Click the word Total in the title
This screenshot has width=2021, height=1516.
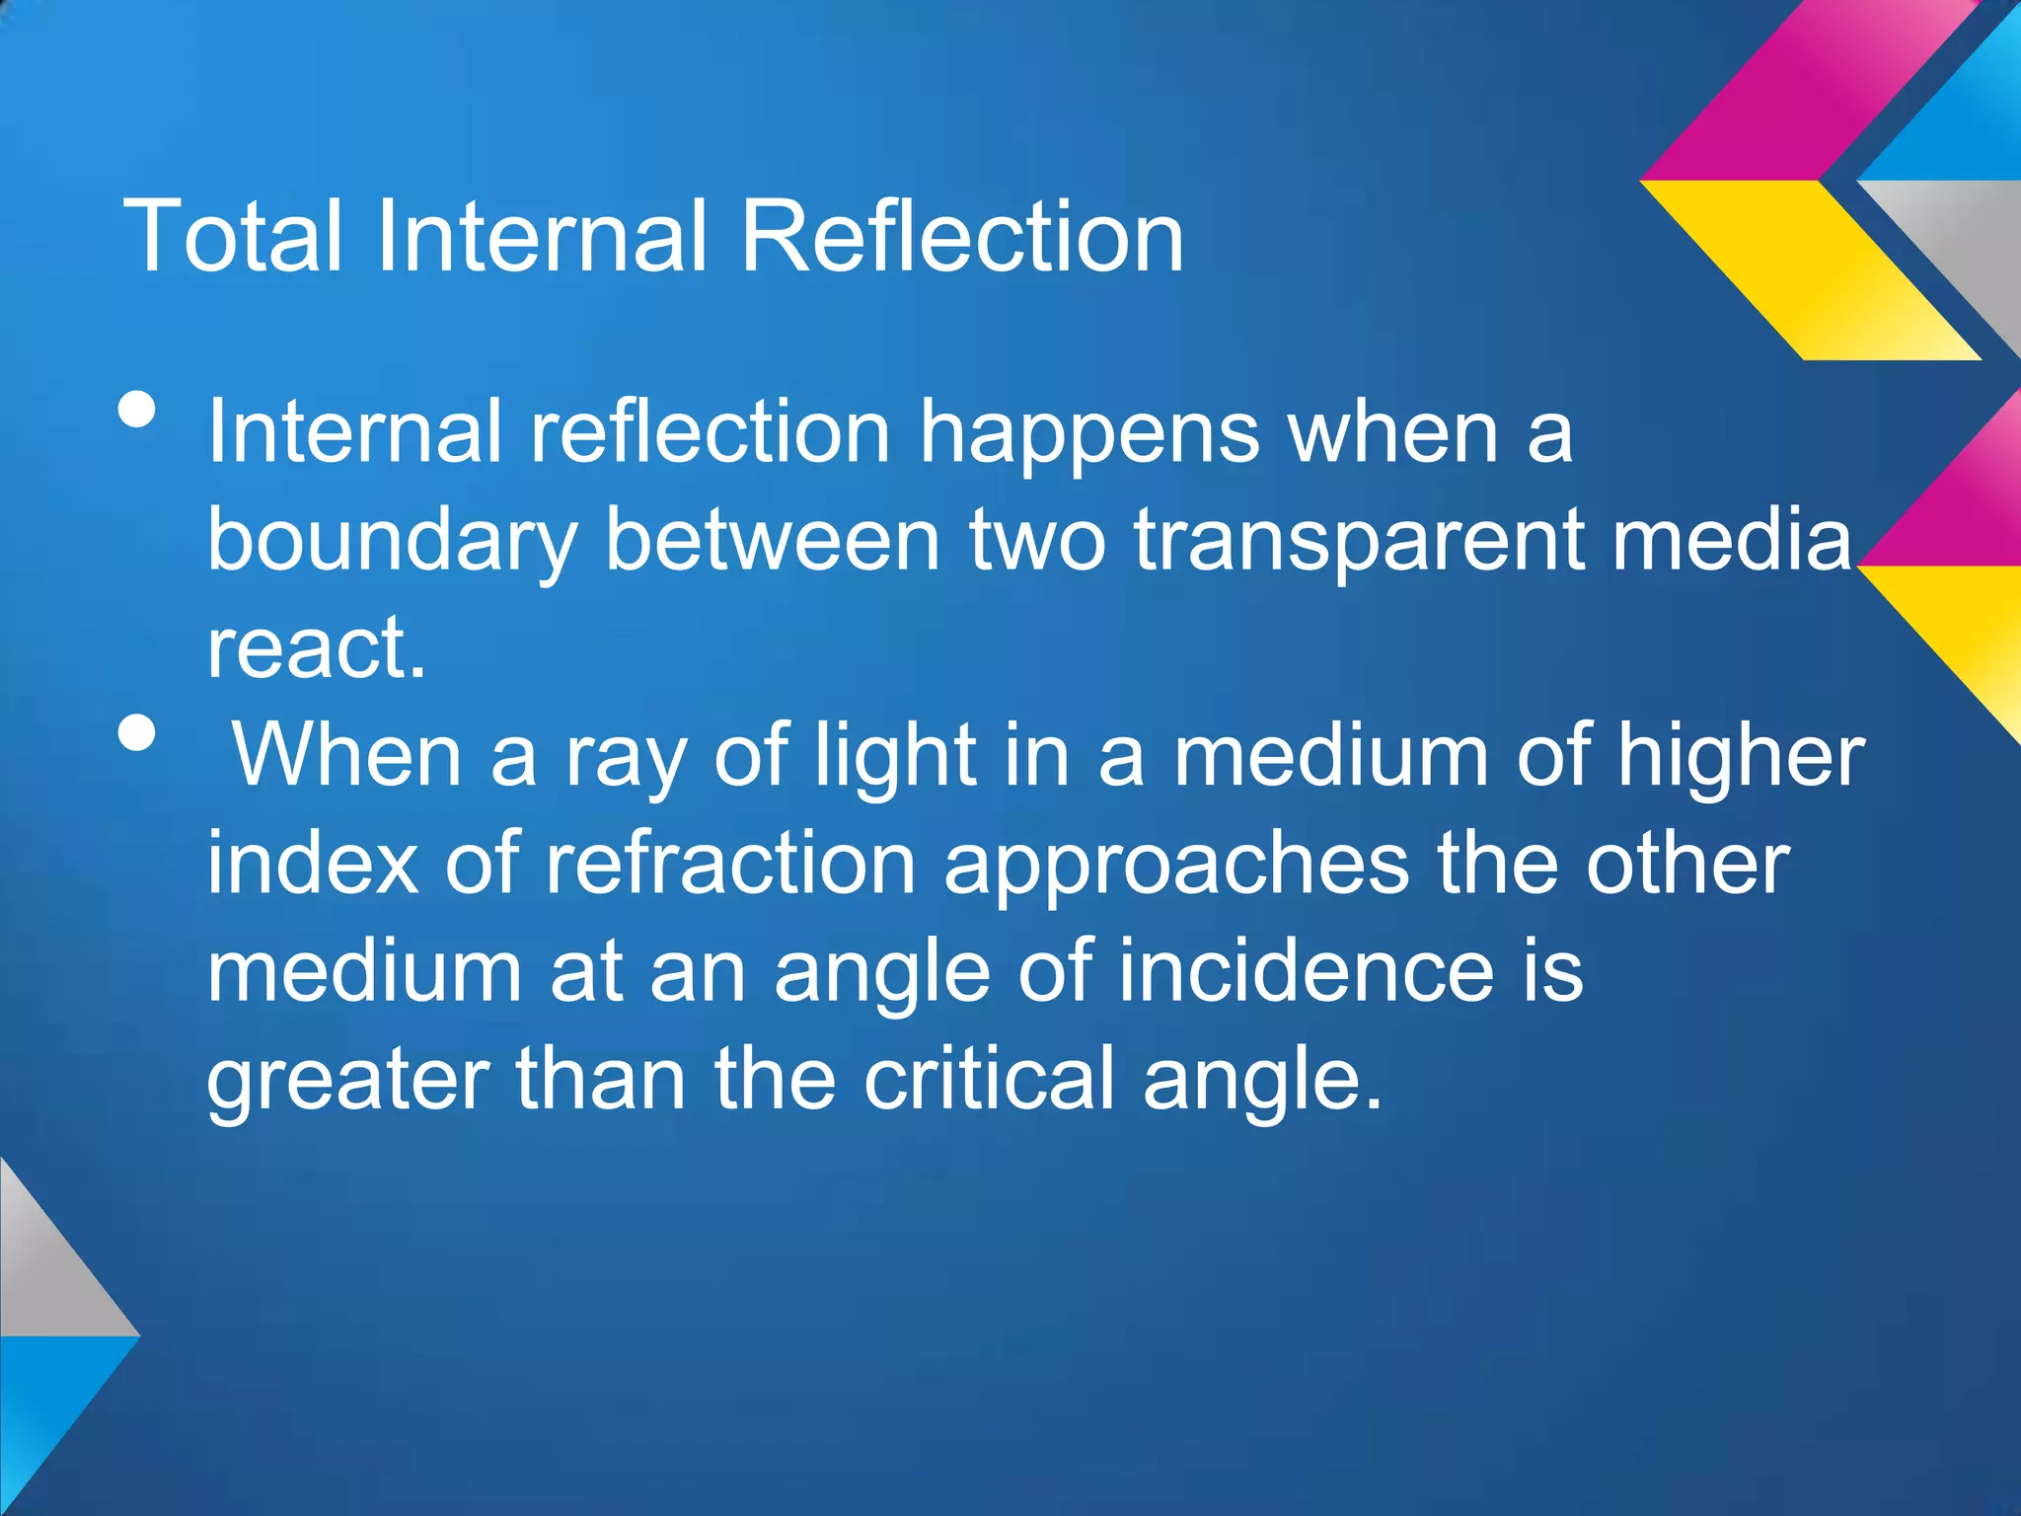(x=233, y=236)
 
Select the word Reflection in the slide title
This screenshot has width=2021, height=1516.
(x=962, y=236)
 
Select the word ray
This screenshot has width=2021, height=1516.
(x=626, y=758)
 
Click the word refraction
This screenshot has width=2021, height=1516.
(x=731, y=864)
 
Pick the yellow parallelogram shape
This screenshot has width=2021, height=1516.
(x=1811, y=268)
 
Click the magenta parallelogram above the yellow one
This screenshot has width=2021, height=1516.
(x=1811, y=94)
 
